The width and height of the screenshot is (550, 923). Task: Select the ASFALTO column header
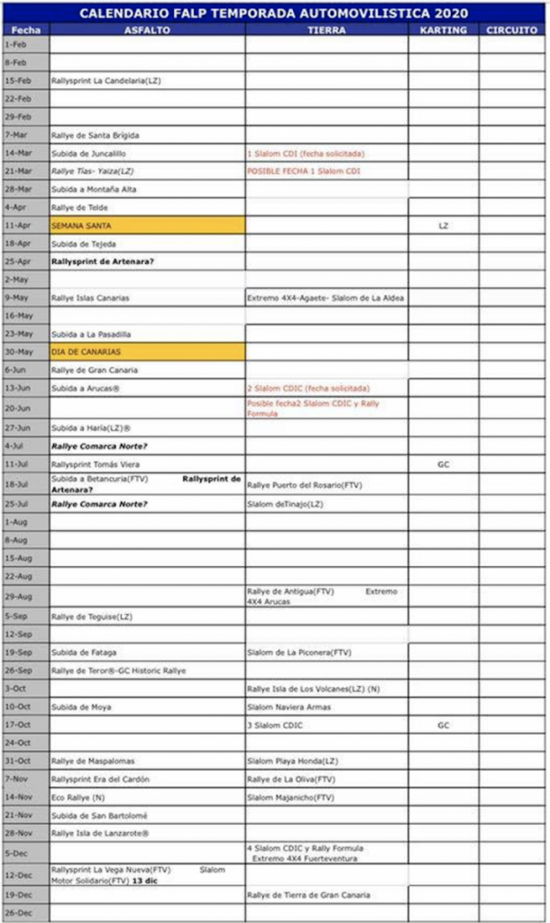pos(146,30)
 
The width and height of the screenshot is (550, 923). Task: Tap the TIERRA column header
pos(325,30)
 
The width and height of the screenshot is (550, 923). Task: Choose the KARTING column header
pos(443,30)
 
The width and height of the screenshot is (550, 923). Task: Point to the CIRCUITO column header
pos(512,30)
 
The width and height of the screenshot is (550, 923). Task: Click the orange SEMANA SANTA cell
pos(147,225)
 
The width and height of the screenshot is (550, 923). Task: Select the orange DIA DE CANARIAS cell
pos(147,352)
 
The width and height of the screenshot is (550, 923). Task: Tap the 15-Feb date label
pos(18,80)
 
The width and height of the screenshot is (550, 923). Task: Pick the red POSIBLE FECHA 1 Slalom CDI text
pos(304,171)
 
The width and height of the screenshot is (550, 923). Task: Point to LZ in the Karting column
pos(443,225)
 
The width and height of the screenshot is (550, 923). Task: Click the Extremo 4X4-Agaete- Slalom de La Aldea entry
pos(325,297)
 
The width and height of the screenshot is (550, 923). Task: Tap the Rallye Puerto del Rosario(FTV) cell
pos(305,485)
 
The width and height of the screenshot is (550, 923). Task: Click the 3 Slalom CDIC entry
pos(275,725)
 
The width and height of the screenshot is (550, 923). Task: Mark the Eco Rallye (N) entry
pos(78,797)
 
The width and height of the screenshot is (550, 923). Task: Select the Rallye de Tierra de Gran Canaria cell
pos(309,895)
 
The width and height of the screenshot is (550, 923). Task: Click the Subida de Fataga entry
pos(84,652)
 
